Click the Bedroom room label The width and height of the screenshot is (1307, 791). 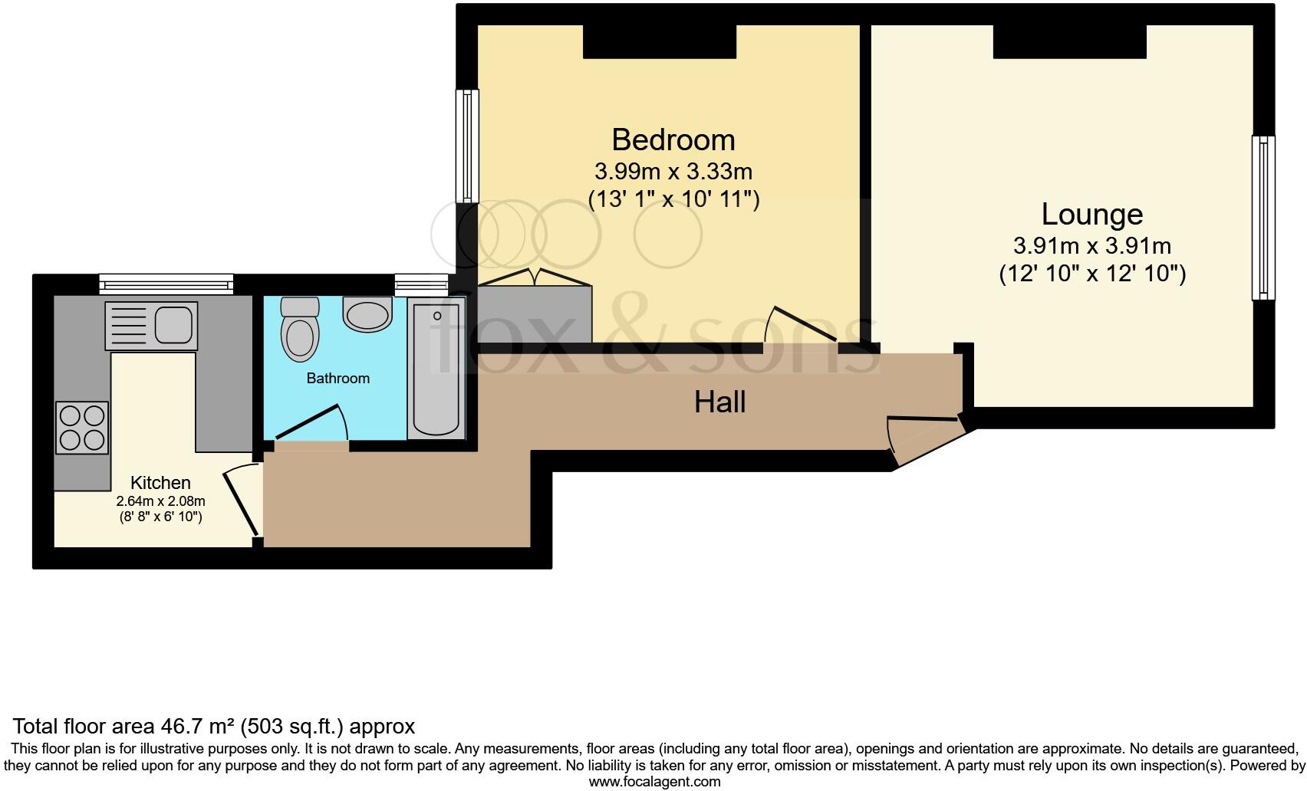coord(673,140)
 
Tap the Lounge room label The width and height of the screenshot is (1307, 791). coord(1091,215)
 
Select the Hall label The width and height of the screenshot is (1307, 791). coord(719,402)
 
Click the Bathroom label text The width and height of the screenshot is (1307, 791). coord(337,378)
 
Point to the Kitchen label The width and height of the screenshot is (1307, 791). coord(160,483)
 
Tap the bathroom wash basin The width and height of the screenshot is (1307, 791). coord(367,314)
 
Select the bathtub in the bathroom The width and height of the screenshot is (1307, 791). coord(436,368)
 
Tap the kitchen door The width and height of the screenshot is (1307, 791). coord(242,502)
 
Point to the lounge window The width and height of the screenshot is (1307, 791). coord(1263,218)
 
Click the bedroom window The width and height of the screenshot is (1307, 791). coord(467,146)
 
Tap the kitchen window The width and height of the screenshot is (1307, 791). coord(166,284)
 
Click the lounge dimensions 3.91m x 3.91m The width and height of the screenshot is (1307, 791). coord(1091,246)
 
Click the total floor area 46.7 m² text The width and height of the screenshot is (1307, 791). coord(214,726)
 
